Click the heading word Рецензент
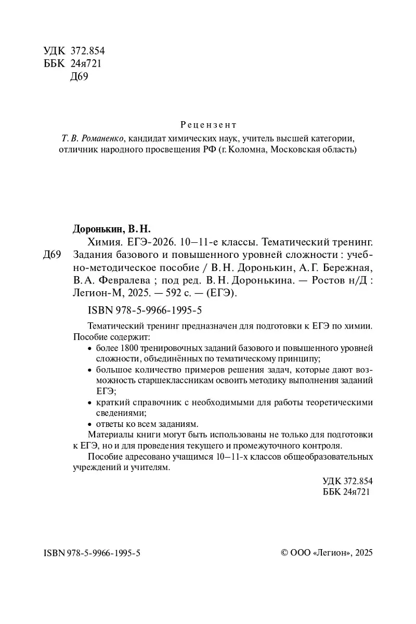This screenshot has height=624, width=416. (208, 125)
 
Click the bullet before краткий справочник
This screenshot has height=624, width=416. (90, 403)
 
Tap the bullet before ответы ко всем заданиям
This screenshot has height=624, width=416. (90, 424)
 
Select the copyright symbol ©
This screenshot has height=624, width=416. (284, 552)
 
